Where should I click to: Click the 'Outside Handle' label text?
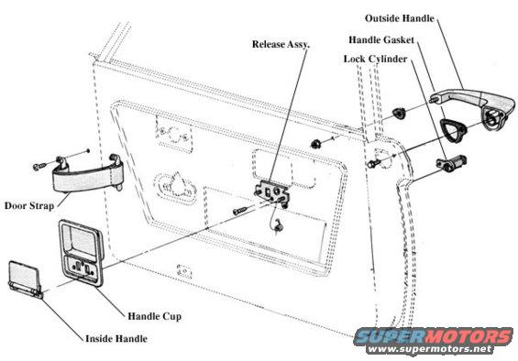coord(399,18)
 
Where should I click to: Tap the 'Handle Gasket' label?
coord(381,40)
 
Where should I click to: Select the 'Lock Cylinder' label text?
coord(375,60)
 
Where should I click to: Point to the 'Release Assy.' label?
coord(281,44)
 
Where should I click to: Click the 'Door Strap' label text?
coord(29,206)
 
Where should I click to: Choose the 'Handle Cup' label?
coord(155,316)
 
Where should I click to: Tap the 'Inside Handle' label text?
coord(116,338)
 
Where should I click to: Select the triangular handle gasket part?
coord(454,129)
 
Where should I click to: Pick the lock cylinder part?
coord(451,162)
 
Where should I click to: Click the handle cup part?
coord(81,253)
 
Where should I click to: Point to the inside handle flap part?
coord(25,279)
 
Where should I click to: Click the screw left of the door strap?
coord(39,166)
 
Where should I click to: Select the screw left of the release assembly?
coord(240,210)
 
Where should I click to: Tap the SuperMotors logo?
coord(434,336)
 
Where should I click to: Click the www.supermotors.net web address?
coord(429,349)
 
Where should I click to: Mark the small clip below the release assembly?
coord(277,225)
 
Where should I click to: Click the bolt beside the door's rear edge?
coord(372,163)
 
